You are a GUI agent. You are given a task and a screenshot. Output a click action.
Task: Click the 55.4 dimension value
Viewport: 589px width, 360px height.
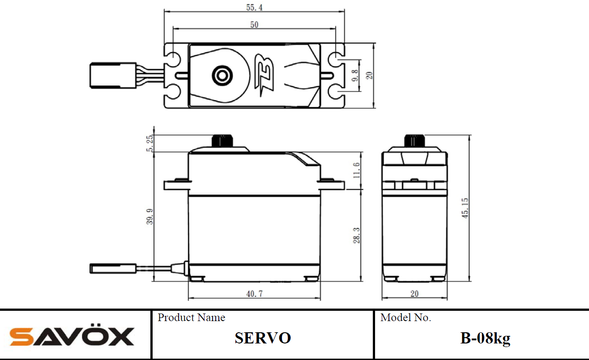click(x=254, y=7)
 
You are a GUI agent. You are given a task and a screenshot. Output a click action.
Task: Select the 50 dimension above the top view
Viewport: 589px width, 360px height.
click(x=254, y=25)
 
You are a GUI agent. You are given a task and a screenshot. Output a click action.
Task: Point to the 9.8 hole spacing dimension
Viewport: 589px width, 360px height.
click(x=355, y=76)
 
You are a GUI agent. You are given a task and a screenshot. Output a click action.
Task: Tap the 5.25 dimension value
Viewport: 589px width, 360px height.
click(x=149, y=143)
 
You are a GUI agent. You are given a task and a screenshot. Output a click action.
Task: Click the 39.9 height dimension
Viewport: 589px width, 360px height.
click(x=149, y=216)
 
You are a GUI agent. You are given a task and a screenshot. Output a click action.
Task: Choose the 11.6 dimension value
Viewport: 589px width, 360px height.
click(x=357, y=170)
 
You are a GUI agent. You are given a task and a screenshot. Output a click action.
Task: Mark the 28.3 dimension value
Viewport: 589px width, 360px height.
click(x=357, y=235)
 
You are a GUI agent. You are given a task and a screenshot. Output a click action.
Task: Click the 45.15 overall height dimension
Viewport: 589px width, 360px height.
click(x=465, y=208)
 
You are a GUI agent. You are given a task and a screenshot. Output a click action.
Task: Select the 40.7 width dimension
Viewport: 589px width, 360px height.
click(x=254, y=293)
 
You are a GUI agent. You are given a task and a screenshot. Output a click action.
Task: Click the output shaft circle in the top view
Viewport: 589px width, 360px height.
click(x=222, y=76)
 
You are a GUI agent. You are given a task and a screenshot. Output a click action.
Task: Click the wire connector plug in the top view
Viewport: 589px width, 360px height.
click(x=113, y=76)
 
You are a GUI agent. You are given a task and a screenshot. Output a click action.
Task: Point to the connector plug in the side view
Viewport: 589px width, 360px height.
click(x=113, y=269)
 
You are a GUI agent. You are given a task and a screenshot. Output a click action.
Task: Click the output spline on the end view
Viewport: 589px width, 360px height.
click(x=414, y=141)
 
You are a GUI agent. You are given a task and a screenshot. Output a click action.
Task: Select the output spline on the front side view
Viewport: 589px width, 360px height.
click(x=222, y=141)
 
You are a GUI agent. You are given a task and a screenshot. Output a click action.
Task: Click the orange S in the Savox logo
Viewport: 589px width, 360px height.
click(x=21, y=337)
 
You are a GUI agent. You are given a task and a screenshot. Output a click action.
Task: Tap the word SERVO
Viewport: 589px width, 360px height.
click(x=263, y=338)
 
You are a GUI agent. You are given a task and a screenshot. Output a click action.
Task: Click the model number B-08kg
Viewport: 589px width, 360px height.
click(x=485, y=339)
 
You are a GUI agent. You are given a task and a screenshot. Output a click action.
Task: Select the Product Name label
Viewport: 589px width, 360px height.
click(x=192, y=318)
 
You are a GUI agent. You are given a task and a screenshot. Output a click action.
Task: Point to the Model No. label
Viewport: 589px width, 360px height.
click(x=406, y=318)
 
